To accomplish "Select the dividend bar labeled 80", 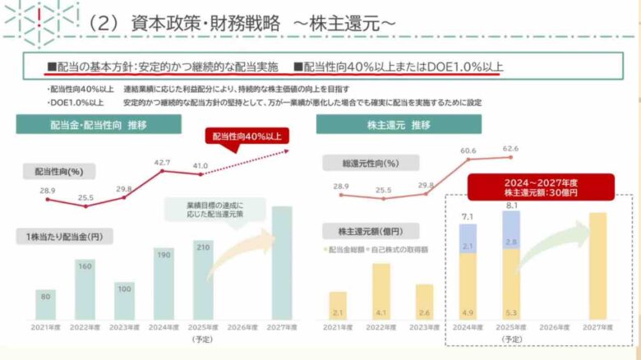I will pos(45,303).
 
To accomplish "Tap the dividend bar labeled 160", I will pos(85,288).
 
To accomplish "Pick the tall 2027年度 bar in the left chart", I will pos(281,262).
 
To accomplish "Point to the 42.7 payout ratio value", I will pos(163,163).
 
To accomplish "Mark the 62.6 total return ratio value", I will pos(510,150).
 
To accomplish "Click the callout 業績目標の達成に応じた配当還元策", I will pos(215,208).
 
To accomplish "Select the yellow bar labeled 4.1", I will pos(380,291).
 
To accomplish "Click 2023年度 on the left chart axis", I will pos(124,328).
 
